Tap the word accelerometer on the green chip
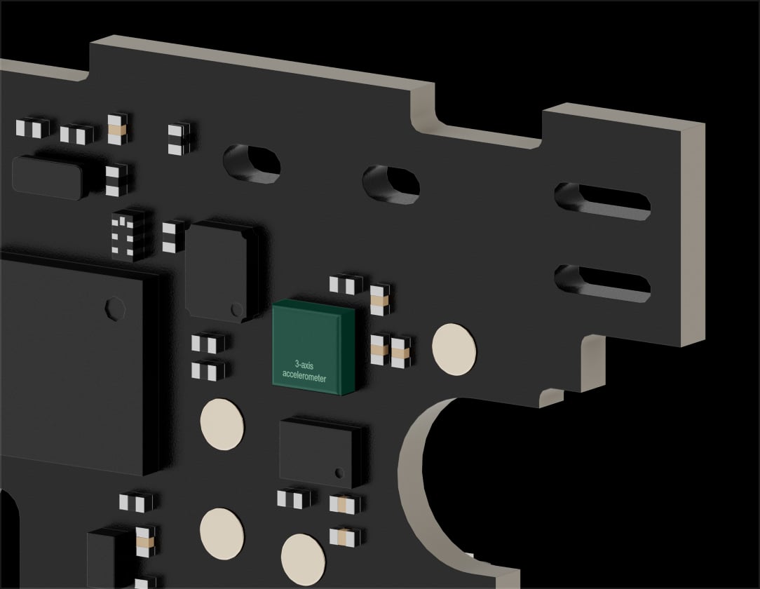pyautogui.click(x=304, y=377)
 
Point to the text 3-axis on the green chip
pyautogui.click(x=304, y=365)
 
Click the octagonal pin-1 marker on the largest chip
pyautogui.click(x=112, y=307)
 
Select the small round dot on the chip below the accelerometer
pyautogui.click(x=339, y=471)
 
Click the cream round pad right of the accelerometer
pyautogui.click(x=454, y=347)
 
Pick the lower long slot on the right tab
pyautogui.click(x=602, y=283)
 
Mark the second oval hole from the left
pyautogui.click(x=391, y=184)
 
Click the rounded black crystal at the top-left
pyautogui.click(x=47, y=177)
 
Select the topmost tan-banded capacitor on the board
pyautogui.click(x=118, y=129)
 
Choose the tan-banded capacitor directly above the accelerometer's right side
pyautogui.click(x=379, y=300)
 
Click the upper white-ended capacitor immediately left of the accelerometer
pyautogui.click(x=208, y=344)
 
